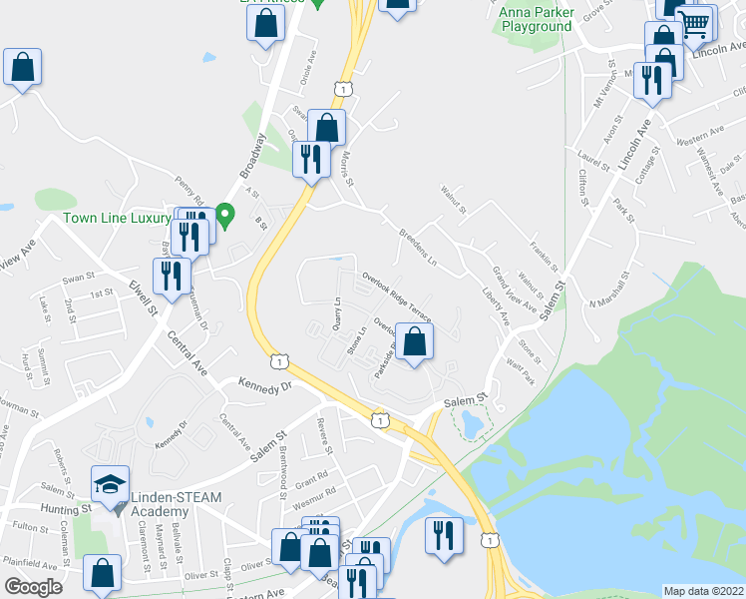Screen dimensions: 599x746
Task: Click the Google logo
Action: (33, 587)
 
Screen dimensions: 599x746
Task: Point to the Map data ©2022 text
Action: (702, 590)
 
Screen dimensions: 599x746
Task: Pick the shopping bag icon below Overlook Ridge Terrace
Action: (415, 341)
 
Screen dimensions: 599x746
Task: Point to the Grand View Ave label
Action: (515, 290)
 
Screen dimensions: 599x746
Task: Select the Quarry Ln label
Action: (337, 313)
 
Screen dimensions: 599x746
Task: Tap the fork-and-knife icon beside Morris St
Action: (310, 158)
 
